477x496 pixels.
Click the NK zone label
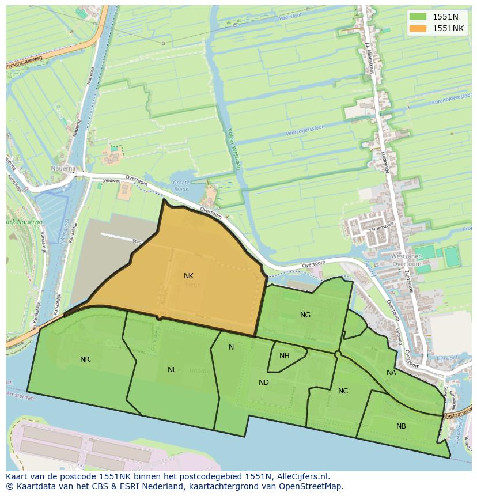(x=188, y=276)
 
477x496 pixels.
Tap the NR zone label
(x=85, y=359)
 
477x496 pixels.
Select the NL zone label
(x=172, y=370)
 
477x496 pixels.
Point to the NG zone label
(x=305, y=315)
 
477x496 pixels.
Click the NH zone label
(x=284, y=356)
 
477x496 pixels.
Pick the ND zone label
(x=264, y=383)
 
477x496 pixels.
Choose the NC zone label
(x=343, y=391)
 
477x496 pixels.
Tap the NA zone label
(x=391, y=373)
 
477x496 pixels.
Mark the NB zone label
(x=401, y=426)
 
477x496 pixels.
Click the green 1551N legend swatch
(x=418, y=17)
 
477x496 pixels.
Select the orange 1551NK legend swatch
(x=418, y=28)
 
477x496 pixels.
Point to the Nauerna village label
(x=63, y=169)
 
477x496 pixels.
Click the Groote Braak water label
(x=181, y=185)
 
